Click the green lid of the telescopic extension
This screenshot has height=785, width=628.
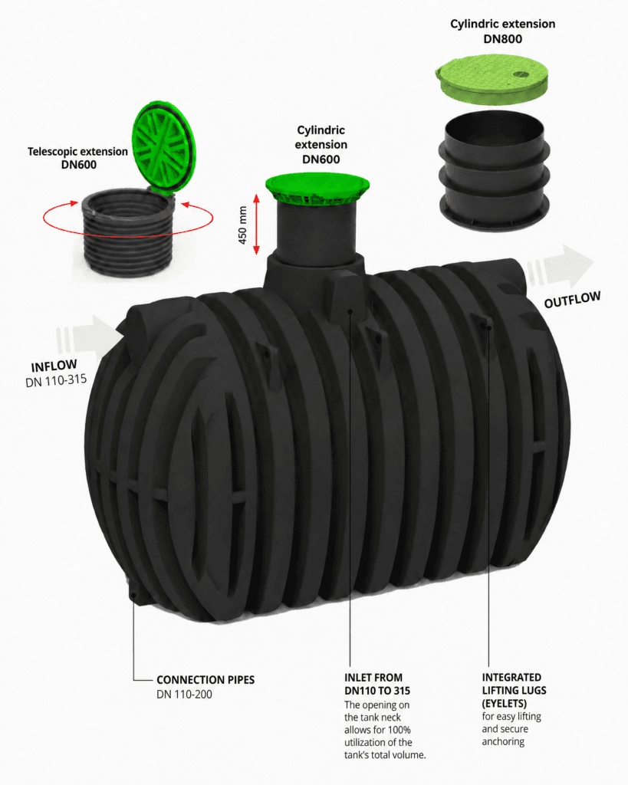coord(163,148)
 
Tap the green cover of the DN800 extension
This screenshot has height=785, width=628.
coord(492,78)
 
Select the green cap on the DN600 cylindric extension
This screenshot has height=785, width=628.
coord(317,188)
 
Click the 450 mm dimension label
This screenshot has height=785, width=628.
coord(243,225)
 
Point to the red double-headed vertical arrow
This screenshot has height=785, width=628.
coord(256,225)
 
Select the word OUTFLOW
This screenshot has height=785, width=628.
coord(572,300)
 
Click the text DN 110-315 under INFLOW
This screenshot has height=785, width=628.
coord(56,380)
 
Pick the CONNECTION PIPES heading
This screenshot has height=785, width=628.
coord(205,680)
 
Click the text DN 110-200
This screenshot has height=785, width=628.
coord(184,695)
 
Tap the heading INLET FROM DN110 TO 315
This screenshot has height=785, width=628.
coord(377,684)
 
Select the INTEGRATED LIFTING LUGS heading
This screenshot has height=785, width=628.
coord(514,691)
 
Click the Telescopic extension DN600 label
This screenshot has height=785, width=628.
coord(77,158)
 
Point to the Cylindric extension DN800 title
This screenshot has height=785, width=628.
coord(502,31)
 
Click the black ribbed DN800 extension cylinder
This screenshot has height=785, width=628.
coord(494,171)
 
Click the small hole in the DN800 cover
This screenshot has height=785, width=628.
coord(521,74)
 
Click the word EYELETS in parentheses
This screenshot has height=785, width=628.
coord(505,704)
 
